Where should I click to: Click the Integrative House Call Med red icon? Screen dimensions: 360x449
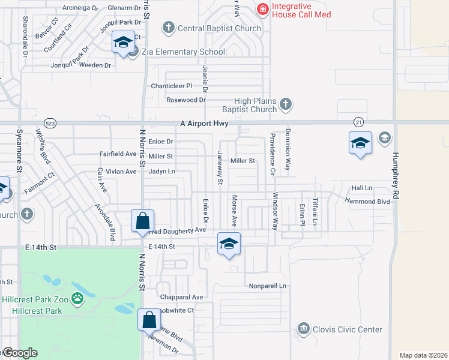262,9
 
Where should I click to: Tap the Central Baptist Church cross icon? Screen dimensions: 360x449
169,28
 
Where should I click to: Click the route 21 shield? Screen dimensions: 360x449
358,122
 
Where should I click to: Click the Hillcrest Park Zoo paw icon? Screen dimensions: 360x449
77,298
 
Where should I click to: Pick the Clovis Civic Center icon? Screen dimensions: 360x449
303,329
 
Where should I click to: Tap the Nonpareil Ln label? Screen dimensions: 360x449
268,286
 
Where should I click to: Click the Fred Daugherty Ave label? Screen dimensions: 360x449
178,230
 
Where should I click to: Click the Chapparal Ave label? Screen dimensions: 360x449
181,297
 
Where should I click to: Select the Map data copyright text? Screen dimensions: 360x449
423,355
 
